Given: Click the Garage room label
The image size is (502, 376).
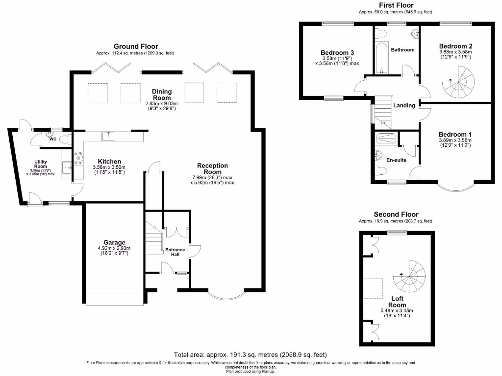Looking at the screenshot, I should pos(114,242).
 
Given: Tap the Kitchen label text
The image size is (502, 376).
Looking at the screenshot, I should pos(109,162).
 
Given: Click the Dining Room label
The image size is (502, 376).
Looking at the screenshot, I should pos(161,94).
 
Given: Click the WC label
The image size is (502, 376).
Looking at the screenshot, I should pos(52,139).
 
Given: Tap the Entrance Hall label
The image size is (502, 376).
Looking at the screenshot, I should pos(175,253).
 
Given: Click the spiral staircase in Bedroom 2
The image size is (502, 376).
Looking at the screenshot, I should pos(459,82).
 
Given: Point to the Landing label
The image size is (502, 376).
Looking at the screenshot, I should pos(404,105).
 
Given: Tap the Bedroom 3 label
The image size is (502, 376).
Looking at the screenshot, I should pos(337,52).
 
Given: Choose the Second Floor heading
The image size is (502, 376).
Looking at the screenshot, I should pos(396,214).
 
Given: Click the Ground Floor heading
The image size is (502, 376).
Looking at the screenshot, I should pos(136,47).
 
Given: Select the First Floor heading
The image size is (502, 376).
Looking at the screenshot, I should pos(396,5).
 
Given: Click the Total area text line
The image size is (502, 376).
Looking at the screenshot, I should pos(251,354).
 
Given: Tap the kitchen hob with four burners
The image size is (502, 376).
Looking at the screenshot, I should pos(77,157).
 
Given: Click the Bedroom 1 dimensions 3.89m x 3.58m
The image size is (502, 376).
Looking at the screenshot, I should pos(455,140).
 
